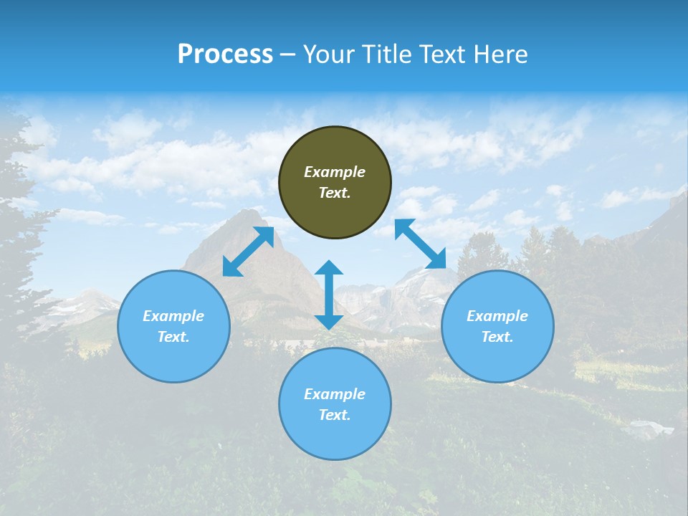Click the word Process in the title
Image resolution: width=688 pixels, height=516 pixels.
click(225, 54)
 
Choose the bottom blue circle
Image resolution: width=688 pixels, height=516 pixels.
click(335, 437)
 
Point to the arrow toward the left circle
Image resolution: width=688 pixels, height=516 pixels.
click(248, 252)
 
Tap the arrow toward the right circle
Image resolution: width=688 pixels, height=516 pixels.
click(421, 244)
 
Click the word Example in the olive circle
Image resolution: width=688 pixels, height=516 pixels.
click(335, 172)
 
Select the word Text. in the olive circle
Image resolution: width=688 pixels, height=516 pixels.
click(335, 193)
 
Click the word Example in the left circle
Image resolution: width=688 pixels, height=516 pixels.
click(173, 316)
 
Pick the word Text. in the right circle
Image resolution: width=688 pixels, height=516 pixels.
click(497, 337)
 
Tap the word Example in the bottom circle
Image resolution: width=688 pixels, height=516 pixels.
click(335, 394)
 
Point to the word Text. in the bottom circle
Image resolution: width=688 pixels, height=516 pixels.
click(335, 415)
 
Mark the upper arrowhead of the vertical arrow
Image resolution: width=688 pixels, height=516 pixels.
click(329, 269)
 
